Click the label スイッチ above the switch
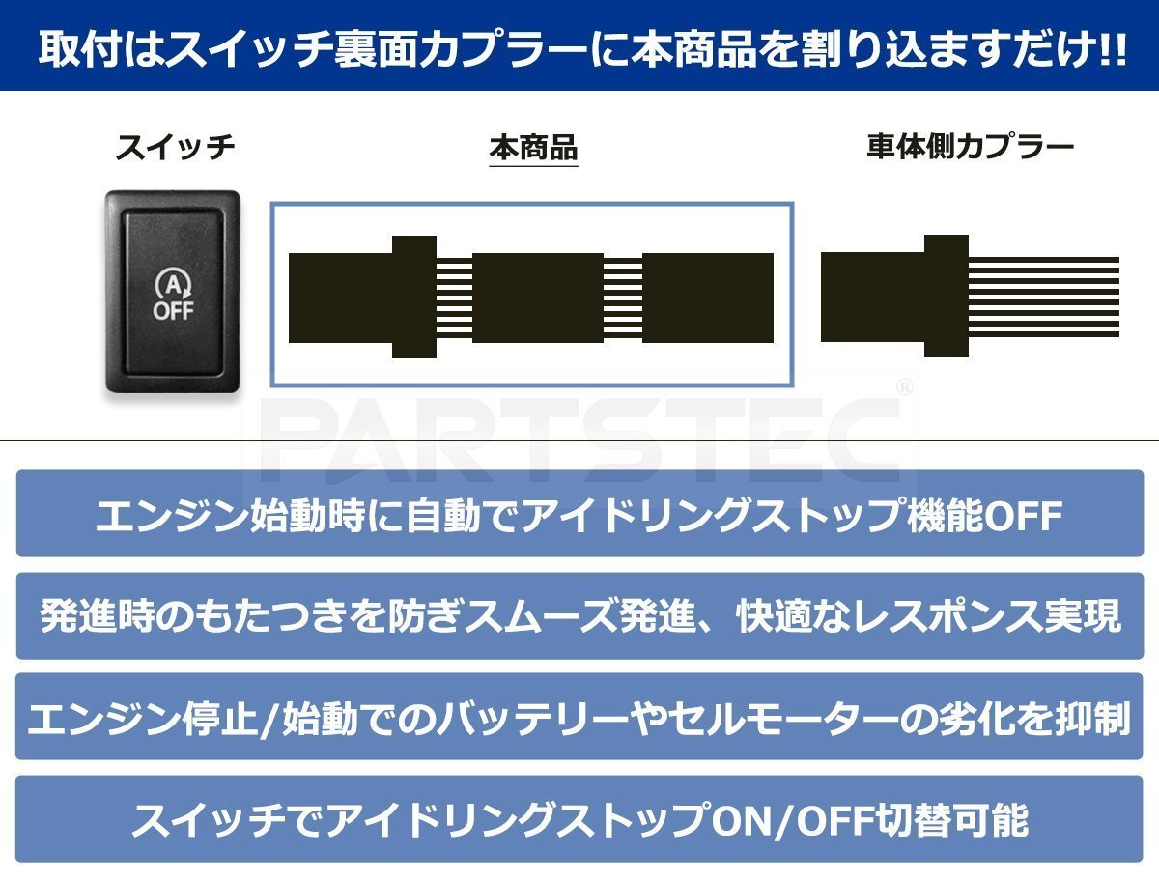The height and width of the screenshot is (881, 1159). [174, 149]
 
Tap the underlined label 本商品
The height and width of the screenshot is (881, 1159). [533, 149]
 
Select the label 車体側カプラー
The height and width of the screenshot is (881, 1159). [970, 148]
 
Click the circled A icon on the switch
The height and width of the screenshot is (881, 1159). [173, 284]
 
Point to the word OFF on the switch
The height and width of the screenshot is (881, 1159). [173, 311]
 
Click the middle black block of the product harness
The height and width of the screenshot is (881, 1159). [537, 298]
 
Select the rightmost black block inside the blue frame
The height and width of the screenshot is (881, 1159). [707, 298]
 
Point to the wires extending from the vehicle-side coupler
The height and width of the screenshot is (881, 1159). [1043, 296]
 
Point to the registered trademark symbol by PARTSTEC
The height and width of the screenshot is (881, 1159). [904, 387]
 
